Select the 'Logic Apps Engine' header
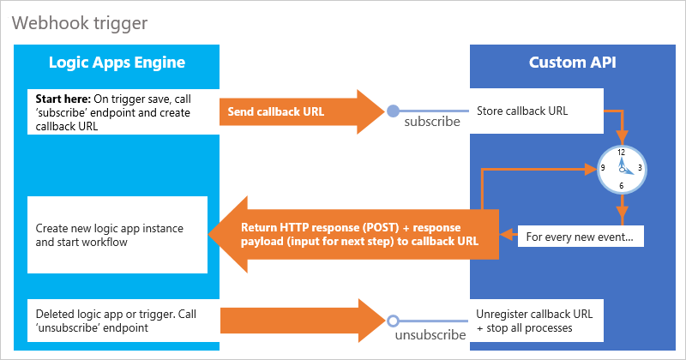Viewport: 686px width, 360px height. point(117,63)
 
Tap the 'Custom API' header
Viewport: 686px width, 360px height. point(572,63)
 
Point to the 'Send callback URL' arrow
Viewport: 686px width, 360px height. point(300,111)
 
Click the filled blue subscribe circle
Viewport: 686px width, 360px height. point(393,111)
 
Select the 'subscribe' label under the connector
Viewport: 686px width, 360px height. point(431,122)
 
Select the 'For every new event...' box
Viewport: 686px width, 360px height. point(579,236)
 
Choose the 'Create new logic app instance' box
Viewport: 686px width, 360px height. point(117,236)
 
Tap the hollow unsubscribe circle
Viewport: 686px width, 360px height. point(393,321)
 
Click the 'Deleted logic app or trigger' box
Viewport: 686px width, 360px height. point(117,321)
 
